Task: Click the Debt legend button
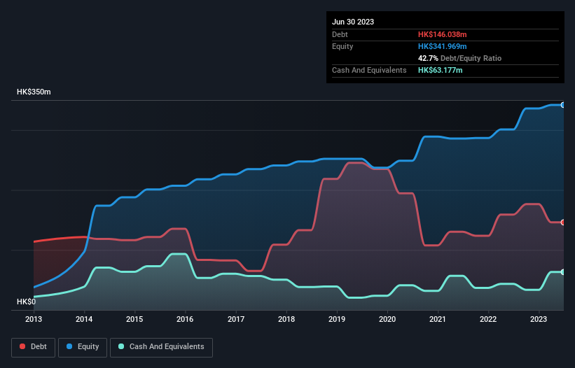click(34, 346)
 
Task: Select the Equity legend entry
click(83, 346)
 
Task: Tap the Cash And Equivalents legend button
click(161, 346)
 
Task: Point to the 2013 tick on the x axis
click(34, 320)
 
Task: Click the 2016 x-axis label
click(186, 320)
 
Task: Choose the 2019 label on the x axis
click(337, 320)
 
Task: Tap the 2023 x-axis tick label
click(539, 320)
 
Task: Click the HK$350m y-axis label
click(34, 92)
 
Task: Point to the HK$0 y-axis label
click(27, 302)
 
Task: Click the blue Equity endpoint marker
click(563, 105)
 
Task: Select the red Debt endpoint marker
click(563, 222)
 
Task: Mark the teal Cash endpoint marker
click(563, 272)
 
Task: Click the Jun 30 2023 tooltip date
click(353, 22)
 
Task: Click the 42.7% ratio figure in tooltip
click(428, 58)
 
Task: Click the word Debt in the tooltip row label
click(340, 34)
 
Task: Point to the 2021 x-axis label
click(438, 320)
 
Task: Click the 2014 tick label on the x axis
click(84, 320)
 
